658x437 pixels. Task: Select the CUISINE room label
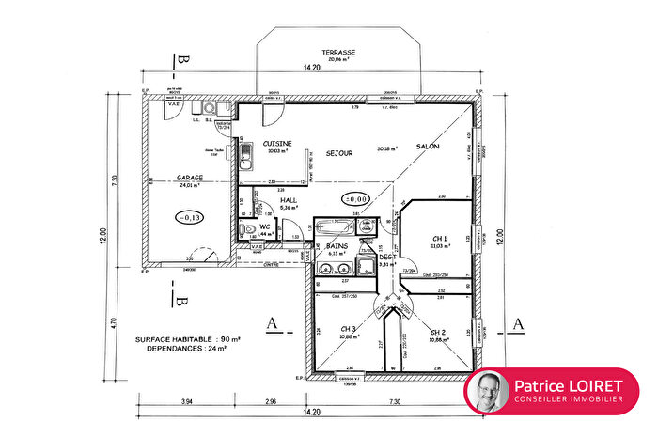point(277,143)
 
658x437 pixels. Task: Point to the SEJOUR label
point(339,153)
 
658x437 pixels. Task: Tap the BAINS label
point(337,246)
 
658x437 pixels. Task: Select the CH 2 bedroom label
point(437,332)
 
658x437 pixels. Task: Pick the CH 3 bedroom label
point(347,329)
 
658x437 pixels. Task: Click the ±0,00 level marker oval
point(354,199)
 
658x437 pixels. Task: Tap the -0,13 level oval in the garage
point(190,217)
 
